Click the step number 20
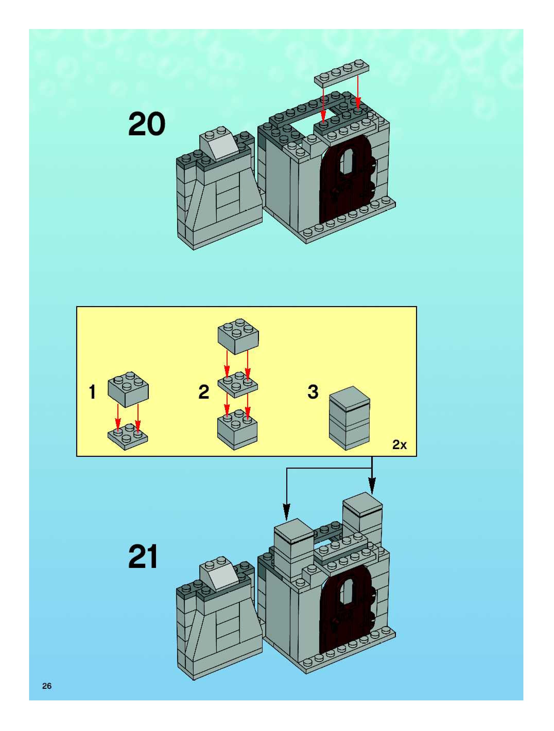tap(146, 124)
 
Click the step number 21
tap(143, 557)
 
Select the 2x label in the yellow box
tap(400, 445)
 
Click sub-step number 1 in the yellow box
tap(93, 392)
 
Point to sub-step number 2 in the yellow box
tap(204, 392)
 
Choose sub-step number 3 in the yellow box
tap(313, 392)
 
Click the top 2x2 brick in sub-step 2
tap(238, 336)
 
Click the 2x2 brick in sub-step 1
tap(128, 389)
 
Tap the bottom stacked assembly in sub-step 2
tap(237, 430)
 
